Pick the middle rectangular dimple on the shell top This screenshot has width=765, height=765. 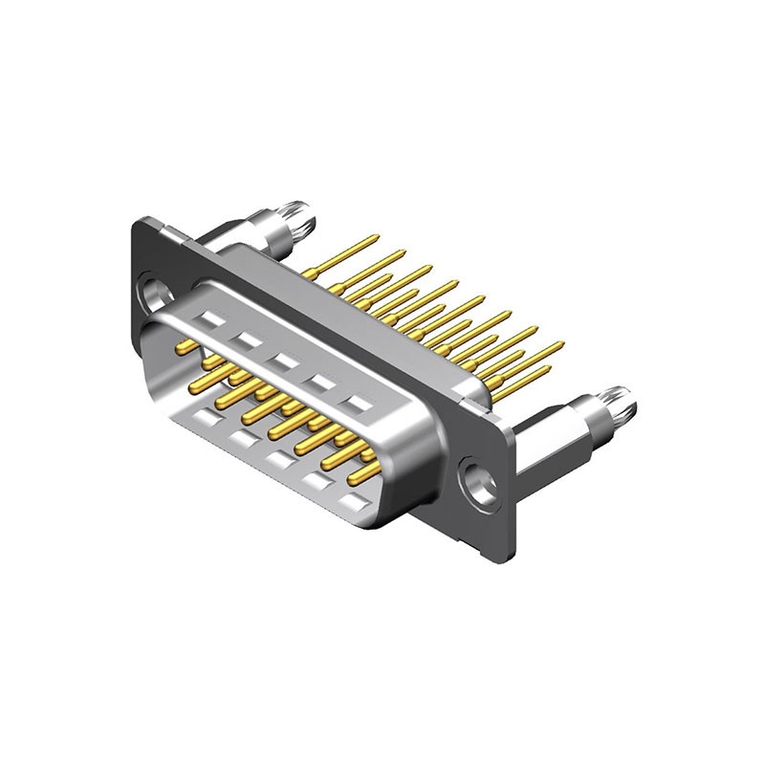click(283, 361)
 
